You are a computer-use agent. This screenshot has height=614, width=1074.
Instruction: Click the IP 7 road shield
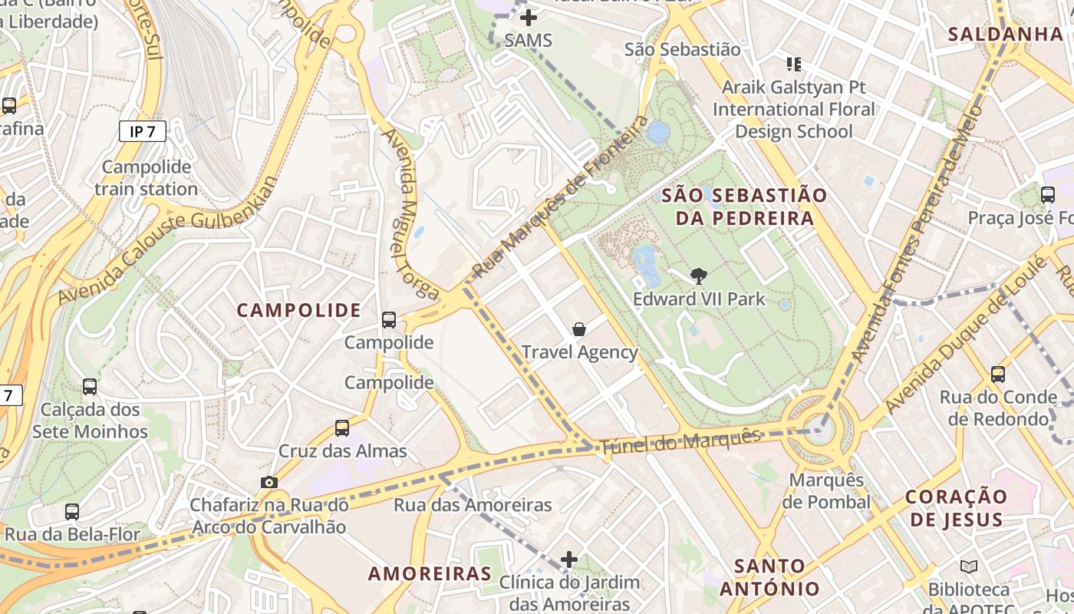143,131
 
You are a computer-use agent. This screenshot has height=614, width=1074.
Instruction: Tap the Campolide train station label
147,178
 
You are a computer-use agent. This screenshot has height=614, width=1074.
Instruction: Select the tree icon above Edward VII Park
698,276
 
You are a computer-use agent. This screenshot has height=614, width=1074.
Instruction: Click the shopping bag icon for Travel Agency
579,329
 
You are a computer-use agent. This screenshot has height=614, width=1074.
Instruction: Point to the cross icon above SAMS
528,17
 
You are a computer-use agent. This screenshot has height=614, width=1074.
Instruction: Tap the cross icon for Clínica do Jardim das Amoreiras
568,560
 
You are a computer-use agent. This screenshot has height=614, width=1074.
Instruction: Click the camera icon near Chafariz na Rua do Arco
268,482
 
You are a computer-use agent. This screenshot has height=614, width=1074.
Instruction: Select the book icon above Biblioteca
969,567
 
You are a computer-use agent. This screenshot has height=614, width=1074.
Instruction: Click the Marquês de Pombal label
826,491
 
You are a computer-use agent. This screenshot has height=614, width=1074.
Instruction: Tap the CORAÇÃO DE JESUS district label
955,508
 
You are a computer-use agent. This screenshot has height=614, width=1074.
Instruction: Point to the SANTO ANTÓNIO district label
769,577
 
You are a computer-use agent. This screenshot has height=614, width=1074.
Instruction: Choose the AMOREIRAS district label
430,573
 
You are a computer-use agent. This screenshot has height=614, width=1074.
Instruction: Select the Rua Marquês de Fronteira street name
560,196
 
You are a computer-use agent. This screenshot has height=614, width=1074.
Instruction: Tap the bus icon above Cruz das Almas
342,428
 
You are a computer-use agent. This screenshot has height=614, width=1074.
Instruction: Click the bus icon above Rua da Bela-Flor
72,511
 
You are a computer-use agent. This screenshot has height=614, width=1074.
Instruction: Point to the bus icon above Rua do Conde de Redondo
997,375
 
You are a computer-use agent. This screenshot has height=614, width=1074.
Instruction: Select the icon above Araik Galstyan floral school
793,64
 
